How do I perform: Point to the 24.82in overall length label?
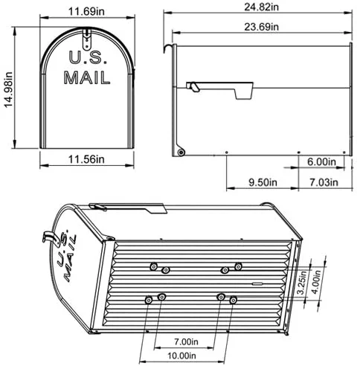click(x=256, y=7)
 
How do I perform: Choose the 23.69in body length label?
click(x=256, y=28)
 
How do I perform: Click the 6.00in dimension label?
click(x=322, y=161)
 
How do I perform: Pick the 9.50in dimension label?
click(x=262, y=181)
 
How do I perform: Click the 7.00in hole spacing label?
click(x=184, y=341)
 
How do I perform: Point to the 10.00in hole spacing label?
click(x=184, y=356)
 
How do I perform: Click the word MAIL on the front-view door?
click(x=87, y=77)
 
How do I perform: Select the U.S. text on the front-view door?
click(x=87, y=57)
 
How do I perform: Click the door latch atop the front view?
click(x=87, y=33)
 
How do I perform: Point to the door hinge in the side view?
click(x=179, y=152)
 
